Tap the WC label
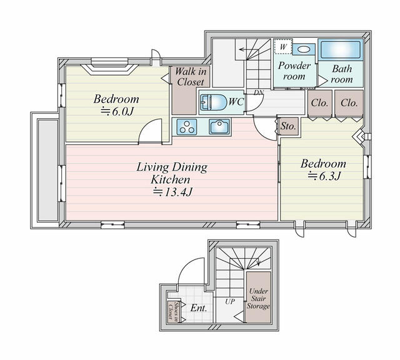pyautogui.click(x=236, y=101)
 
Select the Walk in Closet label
pyautogui.click(x=191, y=77)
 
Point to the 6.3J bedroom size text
pyautogui.click(x=324, y=176)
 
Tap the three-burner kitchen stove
pyautogui.click(x=187, y=127)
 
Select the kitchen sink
pyautogui.click(x=220, y=127)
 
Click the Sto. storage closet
pyautogui.click(x=287, y=126)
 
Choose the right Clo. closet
pyautogui.click(x=349, y=103)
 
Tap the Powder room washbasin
pyautogui.click(x=304, y=48)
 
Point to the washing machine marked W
pyautogui.click(x=283, y=47)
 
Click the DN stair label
pyautogui.click(x=259, y=93)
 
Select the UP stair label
pyautogui.click(x=229, y=301)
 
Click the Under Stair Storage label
pyautogui.click(x=258, y=299)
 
